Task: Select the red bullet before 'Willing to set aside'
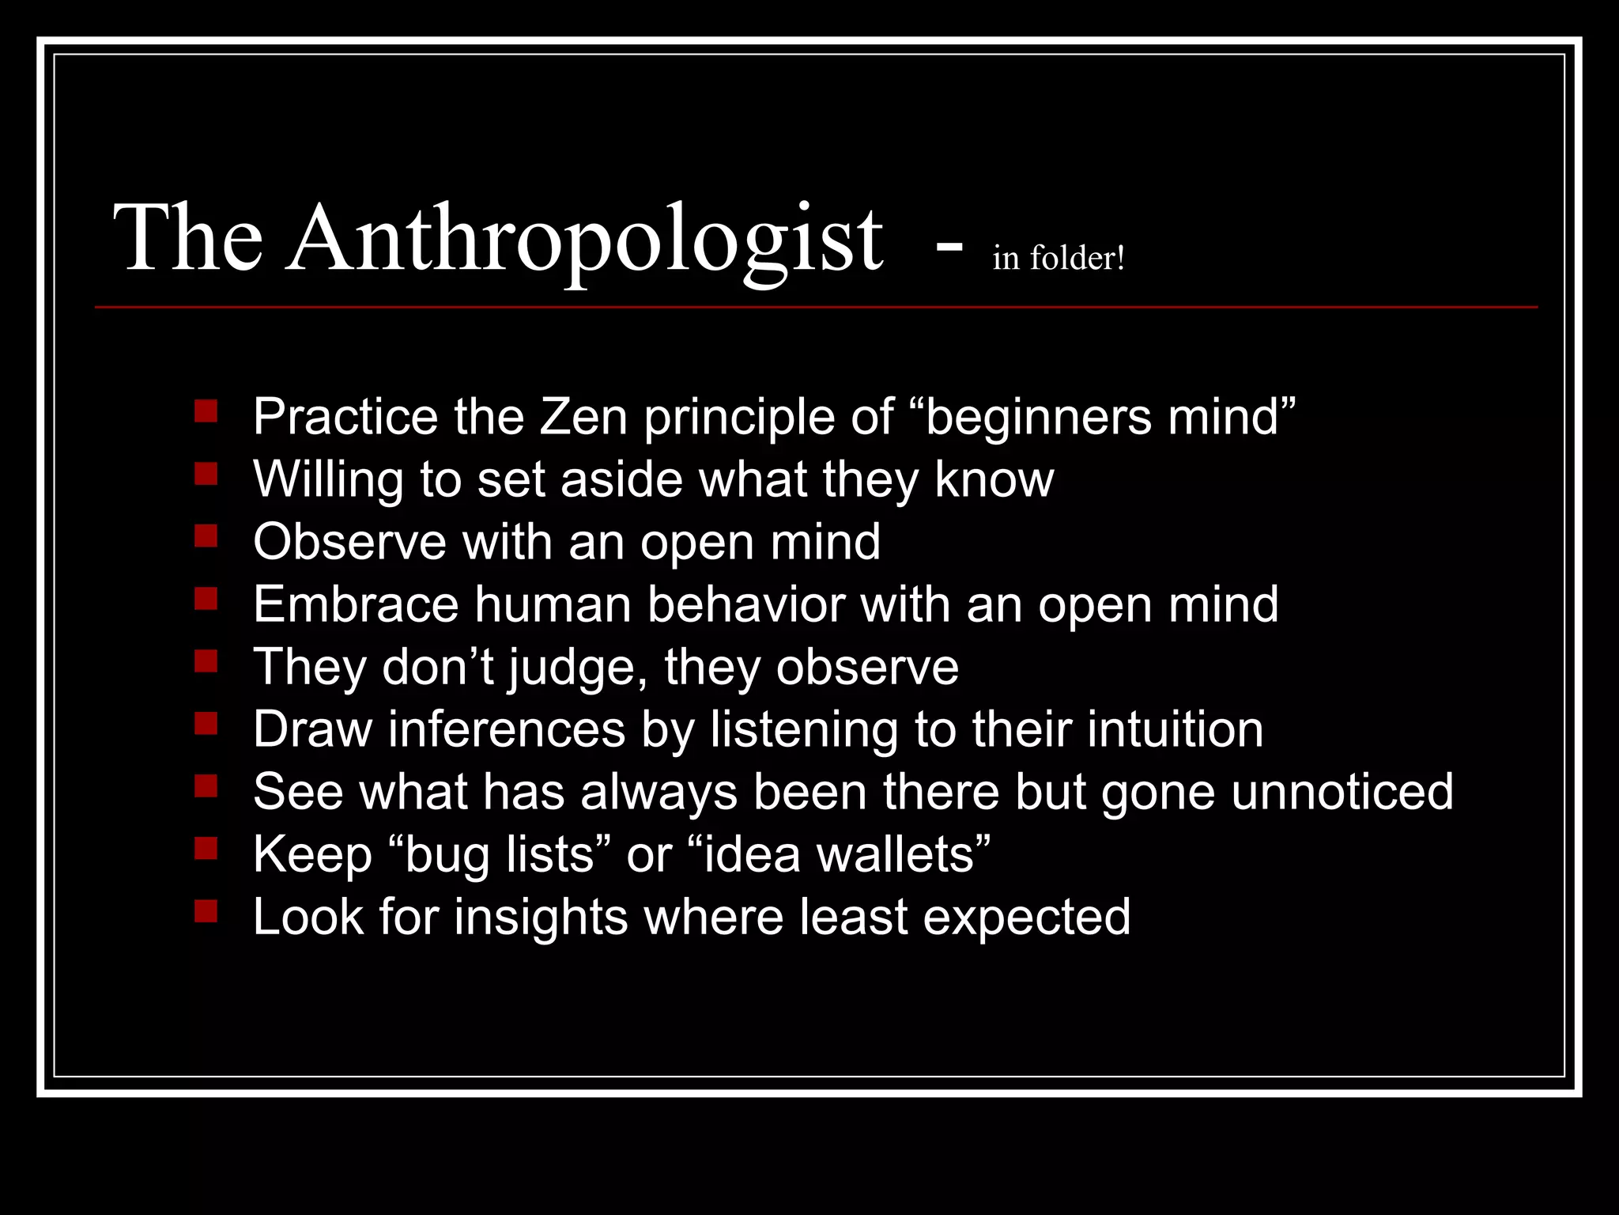tap(206, 474)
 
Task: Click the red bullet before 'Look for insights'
tap(206, 912)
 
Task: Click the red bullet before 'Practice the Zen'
tap(206, 411)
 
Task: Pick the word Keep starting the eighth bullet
tap(311, 854)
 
